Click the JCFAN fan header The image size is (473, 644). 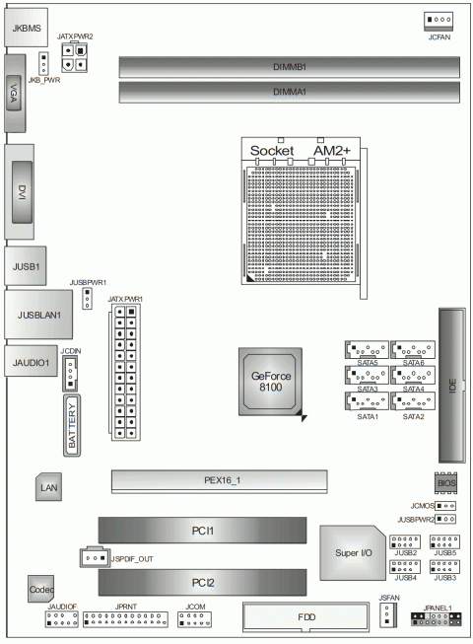439,21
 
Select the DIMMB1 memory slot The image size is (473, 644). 289,67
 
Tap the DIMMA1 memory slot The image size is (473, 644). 289,92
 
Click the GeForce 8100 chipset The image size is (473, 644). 271,382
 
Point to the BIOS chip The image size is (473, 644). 445,483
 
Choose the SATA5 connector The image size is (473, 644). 367,349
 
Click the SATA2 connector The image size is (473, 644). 413,401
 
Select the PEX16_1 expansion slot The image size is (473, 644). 219,481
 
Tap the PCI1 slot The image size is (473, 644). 202,531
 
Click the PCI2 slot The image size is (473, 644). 202,583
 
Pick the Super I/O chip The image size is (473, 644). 353,553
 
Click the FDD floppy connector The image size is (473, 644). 306,617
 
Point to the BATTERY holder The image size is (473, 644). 72,425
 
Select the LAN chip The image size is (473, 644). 48,487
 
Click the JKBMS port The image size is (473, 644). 26,28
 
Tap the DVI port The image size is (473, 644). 20,191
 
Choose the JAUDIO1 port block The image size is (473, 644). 31,361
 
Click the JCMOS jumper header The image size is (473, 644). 445,506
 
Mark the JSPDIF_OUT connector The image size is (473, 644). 96,558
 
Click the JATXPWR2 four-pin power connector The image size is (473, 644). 74,57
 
